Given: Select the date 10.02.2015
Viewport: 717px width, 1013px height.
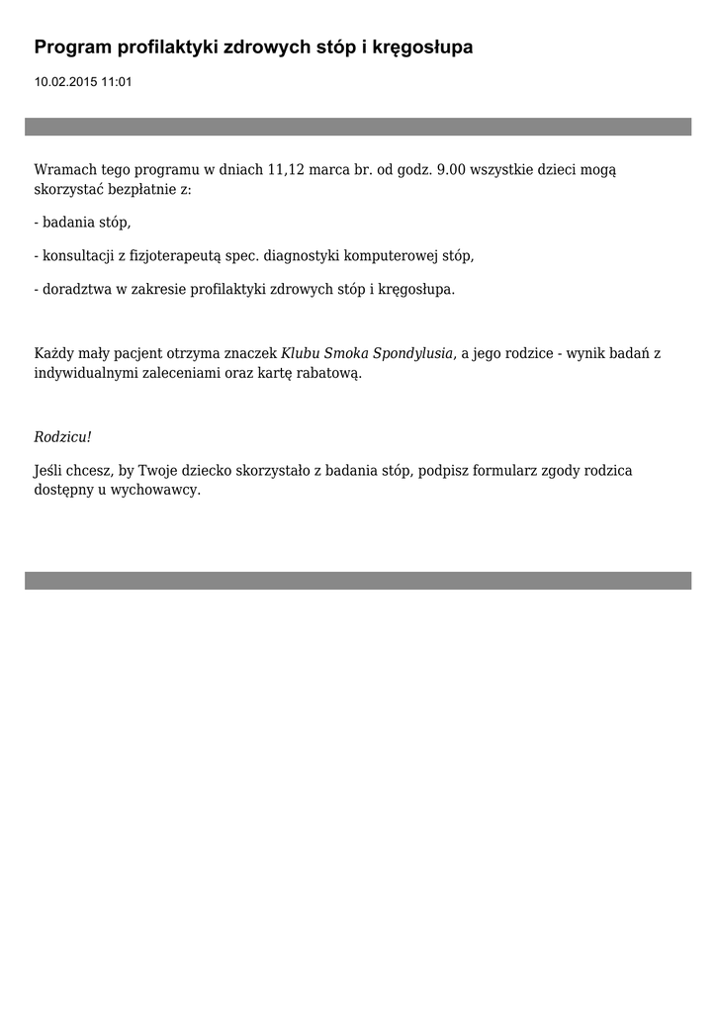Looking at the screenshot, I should click(64, 82).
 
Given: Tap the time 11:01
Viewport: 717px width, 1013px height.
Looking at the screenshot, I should click(116, 82).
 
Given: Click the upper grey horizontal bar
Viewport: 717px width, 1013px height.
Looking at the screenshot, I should click(358, 127).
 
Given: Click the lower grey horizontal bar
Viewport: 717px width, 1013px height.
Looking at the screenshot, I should click(358, 581).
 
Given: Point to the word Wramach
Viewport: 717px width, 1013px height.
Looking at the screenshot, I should click(65, 170).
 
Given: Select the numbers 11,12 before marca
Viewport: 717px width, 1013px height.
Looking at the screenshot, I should click(286, 170).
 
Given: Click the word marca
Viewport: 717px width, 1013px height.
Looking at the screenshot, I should click(328, 170).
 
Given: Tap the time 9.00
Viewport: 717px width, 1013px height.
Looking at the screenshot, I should click(451, 170).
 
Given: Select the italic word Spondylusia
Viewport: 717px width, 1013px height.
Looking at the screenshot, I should click(412, 353).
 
